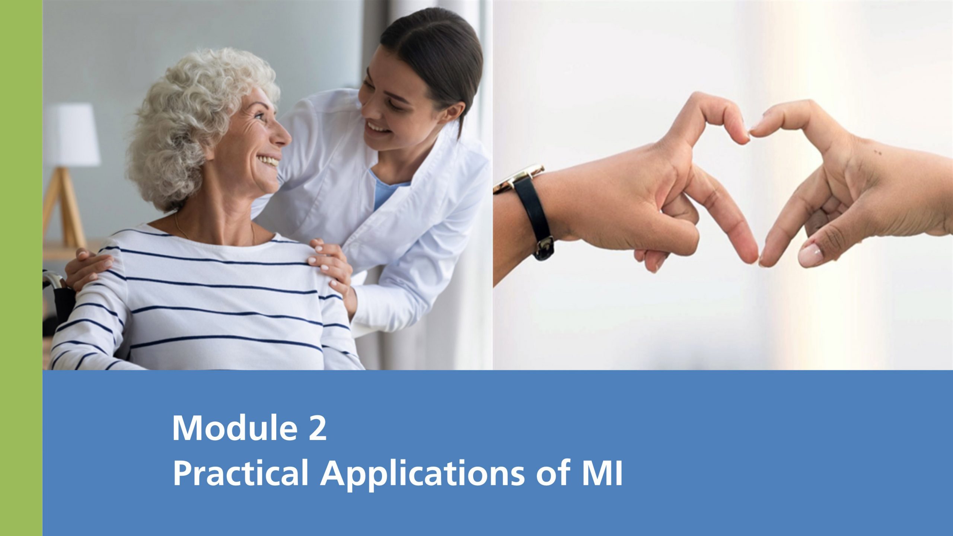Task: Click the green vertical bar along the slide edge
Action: click(x=21, y=268)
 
